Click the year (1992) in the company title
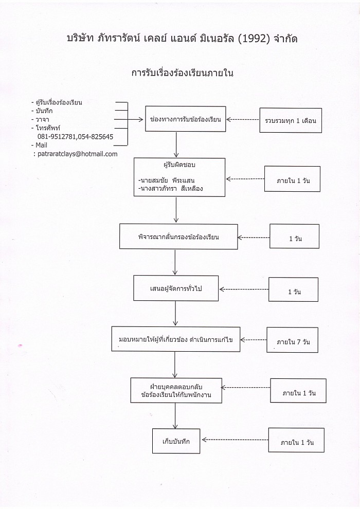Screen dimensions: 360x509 click(x=254, y=39)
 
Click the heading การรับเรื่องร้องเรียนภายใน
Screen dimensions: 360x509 click(x=183, y=72)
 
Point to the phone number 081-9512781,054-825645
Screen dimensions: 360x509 click(x=75, y=137)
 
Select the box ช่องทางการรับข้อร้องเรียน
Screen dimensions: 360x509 click(x=185, y=119)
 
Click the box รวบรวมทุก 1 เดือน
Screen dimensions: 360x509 click(x=291, y=120)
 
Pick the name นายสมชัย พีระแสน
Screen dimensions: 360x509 click(x=166, y=180)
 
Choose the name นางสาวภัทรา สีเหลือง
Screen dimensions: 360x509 click(x=170, y=188)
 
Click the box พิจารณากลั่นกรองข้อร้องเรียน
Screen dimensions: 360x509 click(x=178, y=237)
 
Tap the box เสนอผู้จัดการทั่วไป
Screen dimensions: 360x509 click(x=176, y=288)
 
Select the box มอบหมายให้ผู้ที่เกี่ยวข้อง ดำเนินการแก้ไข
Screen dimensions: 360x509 click(x=176, y=339)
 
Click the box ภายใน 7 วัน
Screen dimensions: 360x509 click(x=292, y=340)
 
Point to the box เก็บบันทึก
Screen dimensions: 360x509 click(x=176, y=441)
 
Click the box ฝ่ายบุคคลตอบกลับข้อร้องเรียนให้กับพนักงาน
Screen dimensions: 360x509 click(x=176, y=391)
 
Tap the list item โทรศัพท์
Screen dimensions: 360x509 click(x=46, y=128)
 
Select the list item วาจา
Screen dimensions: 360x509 click(x=40, y=119)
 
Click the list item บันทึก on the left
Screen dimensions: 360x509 click(x=42, y=111)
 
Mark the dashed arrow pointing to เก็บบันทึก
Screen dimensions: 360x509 click(x=235, y=440)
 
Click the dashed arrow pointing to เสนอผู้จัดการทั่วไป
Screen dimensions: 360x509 click(x=244, y=289)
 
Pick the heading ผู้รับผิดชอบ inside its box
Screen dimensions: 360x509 click(x=179, y=165)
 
